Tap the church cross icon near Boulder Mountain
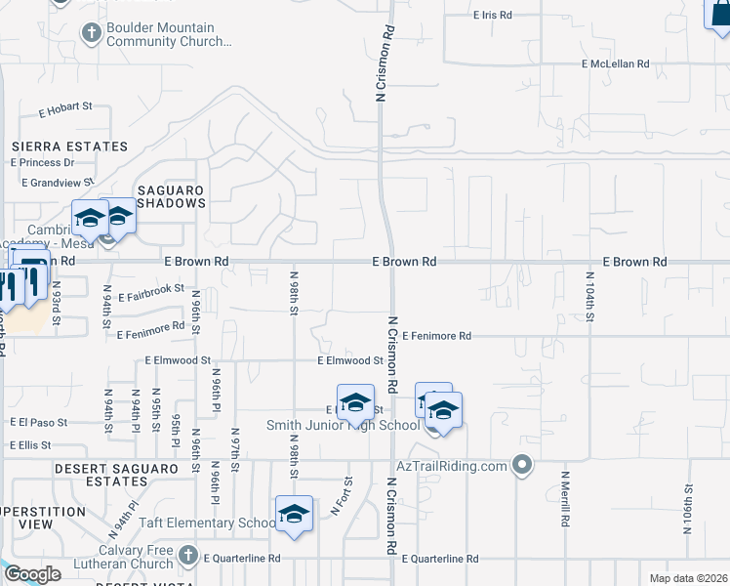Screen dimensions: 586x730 (x=92, y=35)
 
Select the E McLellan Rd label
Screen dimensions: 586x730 (x=615, y=63)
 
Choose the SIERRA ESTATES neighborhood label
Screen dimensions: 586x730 (x=69, y=146)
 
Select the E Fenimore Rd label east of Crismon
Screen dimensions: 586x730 (x=435, y=336)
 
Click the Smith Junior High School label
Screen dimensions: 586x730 (x=344, y=426)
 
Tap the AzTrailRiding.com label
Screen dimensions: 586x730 (x=452, y=466)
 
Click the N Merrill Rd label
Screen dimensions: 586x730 (x=564, y=500)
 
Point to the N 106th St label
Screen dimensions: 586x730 (x=688, y=510)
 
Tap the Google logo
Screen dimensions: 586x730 (x=32, y=574)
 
